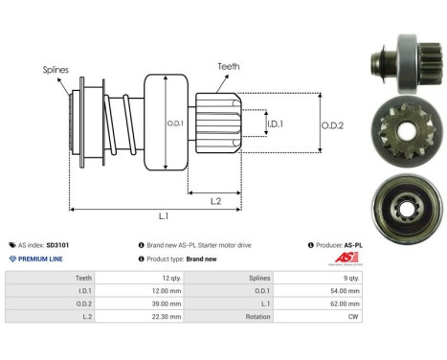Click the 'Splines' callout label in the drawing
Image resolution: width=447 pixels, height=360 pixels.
point(55,70)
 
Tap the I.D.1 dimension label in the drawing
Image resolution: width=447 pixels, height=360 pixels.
point(276,124)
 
